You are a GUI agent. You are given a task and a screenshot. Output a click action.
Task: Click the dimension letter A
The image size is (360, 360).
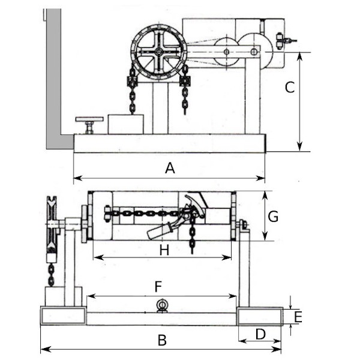click(170, 168)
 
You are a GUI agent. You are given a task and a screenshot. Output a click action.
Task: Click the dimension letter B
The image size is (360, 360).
click(162, 340)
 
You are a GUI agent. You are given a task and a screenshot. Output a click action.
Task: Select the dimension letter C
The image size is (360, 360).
click(290, 87)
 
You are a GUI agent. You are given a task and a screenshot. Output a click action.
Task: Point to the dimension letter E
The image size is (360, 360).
click(298, 317)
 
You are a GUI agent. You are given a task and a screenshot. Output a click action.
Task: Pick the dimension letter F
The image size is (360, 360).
click(158, 287)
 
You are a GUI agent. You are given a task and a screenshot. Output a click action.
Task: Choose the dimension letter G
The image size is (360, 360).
click(273, 216)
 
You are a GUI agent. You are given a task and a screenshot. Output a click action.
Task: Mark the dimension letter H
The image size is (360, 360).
click(164, 250)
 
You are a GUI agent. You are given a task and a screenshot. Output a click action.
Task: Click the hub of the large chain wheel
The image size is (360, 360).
click(158, 52)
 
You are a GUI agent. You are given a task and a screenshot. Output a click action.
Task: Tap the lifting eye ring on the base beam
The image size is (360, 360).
click(162, 305)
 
